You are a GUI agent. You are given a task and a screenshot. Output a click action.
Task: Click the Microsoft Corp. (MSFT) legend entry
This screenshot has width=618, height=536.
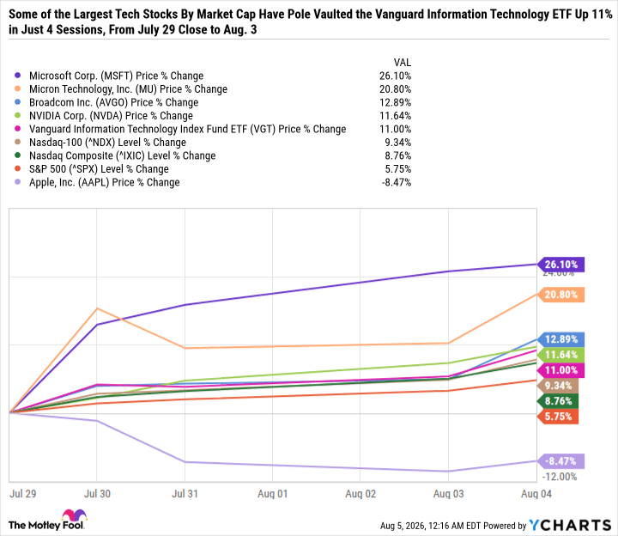pyautogui.click(x=116, y=76)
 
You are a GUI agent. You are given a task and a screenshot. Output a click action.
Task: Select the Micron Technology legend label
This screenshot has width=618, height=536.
pyautogui.click(x=128, y=89)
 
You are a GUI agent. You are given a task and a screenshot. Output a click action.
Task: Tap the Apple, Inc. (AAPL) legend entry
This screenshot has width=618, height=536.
pyautogui.click(x=105, y=182)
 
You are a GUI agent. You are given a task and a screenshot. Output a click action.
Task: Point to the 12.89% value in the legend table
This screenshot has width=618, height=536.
pyautogui.click(x=396, y=102)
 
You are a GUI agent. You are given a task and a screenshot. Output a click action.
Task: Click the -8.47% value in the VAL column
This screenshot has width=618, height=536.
pyautogui.click(x=397, y=182)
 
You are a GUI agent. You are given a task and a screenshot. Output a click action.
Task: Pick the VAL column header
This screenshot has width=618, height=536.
pyautogui.click(x=403, y=63)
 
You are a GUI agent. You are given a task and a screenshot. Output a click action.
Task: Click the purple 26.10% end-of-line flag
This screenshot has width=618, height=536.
pyautogui.click(x=560, y=265)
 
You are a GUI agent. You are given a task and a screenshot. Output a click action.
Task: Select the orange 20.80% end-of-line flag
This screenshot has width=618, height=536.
pyautogui.click(x=560, y=295)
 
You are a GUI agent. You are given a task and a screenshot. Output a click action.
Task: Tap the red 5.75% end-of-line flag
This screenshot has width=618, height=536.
pyautogui.click(x=558, y=417)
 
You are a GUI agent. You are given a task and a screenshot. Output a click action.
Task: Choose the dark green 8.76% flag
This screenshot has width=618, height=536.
pyautogui.click(x=558, y=401)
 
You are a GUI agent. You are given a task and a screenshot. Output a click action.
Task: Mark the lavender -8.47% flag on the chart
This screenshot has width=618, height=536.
pyautogui.click(x=560, y=461)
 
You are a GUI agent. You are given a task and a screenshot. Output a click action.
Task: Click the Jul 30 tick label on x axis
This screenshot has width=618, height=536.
pyautogui.click(x=97, y=494)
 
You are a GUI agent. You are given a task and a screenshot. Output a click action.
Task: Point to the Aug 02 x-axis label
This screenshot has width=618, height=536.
pyautogui.click(x=360, y=494)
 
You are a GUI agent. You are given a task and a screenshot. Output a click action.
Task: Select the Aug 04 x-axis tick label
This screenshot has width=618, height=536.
pyautogui.click(x=536, y=494)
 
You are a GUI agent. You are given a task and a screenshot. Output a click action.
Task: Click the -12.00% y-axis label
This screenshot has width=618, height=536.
pyautogui.click(x=560, y=477)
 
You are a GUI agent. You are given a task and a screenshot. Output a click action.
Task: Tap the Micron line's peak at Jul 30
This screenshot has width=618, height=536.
pyautogui.click(x=97, y=308)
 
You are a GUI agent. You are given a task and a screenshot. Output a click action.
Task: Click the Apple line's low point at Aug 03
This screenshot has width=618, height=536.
pyautogui.click(x=448, y=471)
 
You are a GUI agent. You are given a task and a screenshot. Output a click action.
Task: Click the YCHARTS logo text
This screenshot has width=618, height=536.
pyautogui.click(x=570, y=526)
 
